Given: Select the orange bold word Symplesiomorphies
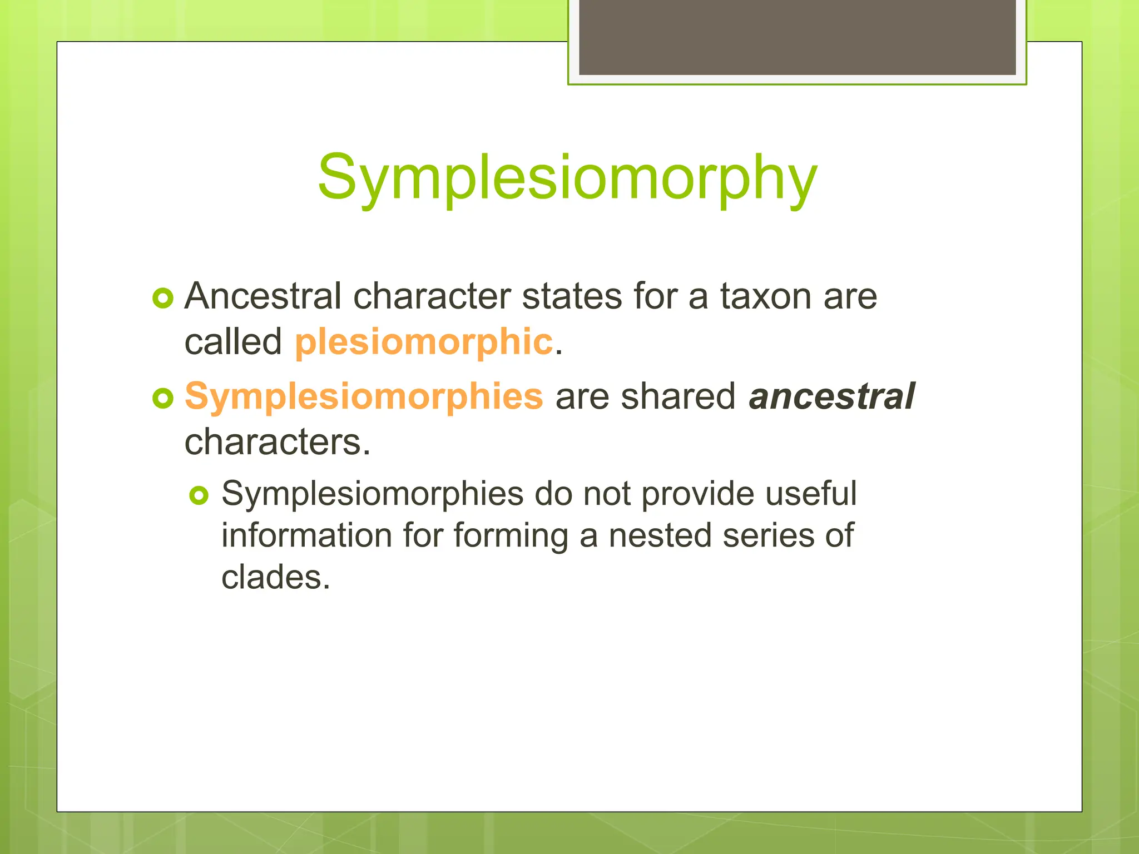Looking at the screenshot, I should (364, 396).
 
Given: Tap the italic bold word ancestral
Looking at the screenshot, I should (831, 396).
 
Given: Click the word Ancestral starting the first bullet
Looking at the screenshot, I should (263, 296).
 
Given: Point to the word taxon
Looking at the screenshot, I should (766, 296).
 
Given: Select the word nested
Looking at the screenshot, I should (660, 535).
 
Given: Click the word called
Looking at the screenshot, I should (233, 341).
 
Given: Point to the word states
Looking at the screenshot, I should (572, 296).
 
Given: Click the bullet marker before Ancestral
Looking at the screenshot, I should (163, 299).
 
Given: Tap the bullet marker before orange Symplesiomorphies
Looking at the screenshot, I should (163, 398).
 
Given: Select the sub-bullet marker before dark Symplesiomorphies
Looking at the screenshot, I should (199, 495).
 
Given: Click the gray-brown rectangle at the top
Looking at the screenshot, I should (797, 37).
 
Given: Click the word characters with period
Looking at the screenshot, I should (277, 443).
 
